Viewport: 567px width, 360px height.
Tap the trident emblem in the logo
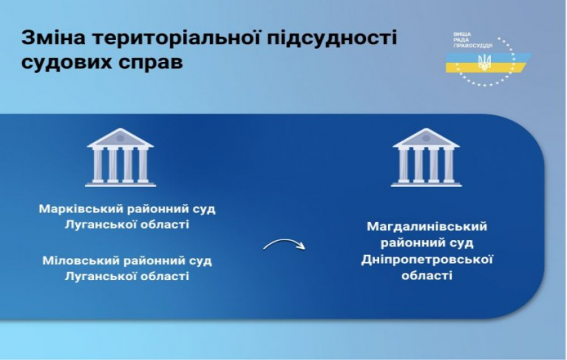click(x=483, y=62)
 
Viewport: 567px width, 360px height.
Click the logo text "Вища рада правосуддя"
click(x=472, y=40)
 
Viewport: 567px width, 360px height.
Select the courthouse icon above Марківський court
click(x=120, y=157)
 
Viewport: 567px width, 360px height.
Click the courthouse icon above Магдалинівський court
click(x=427, y=157)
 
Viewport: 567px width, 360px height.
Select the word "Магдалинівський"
click(x=427, y=227)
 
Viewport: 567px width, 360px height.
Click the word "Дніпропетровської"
click(x=427, y=260)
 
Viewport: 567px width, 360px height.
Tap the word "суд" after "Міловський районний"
click(x=200, y=262)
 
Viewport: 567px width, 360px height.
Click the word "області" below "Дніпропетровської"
click(x=427, y=276)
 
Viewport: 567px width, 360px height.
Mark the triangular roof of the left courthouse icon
click(x=120, y=137)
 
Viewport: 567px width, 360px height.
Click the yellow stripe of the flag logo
click(x=484, y=67)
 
